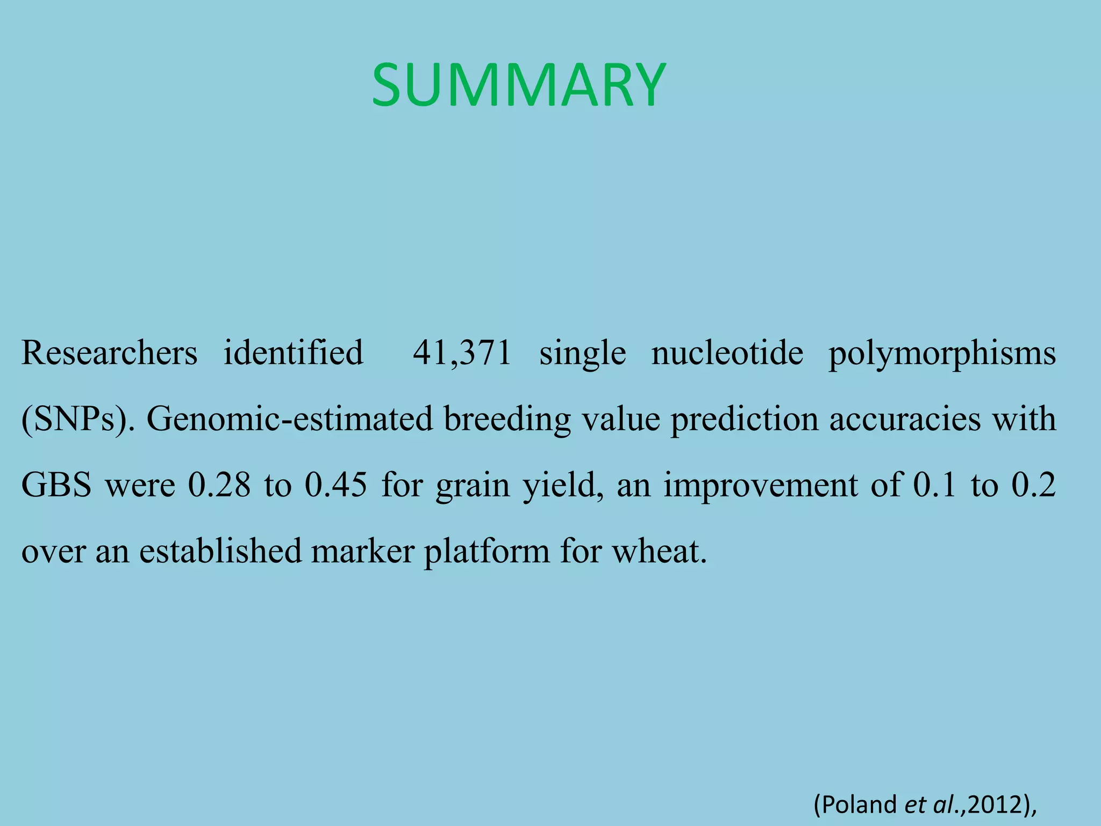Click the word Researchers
(109, 353)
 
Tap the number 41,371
(462, 353)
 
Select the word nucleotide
(727, 353)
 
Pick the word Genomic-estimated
(290, 419)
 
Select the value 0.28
(219, 485)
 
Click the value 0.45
(336, 485)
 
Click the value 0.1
(934, 485)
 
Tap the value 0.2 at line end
(1033, 485)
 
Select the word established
(220, 551)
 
